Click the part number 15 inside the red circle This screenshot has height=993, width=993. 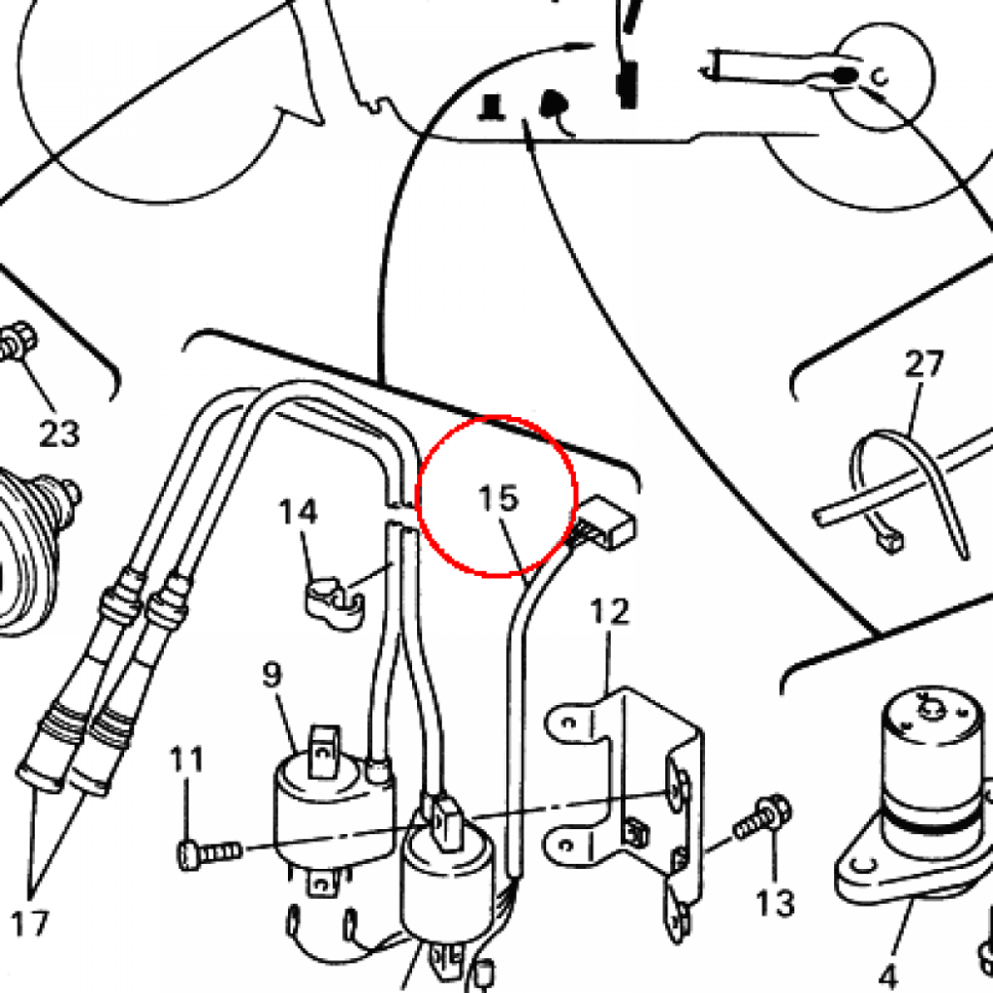[498, 498]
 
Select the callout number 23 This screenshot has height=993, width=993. [58, 433]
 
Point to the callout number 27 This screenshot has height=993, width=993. [923, 365]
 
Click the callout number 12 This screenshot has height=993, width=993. [609, 612]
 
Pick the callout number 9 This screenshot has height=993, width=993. [272, 674]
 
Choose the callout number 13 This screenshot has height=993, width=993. [776, 903]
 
